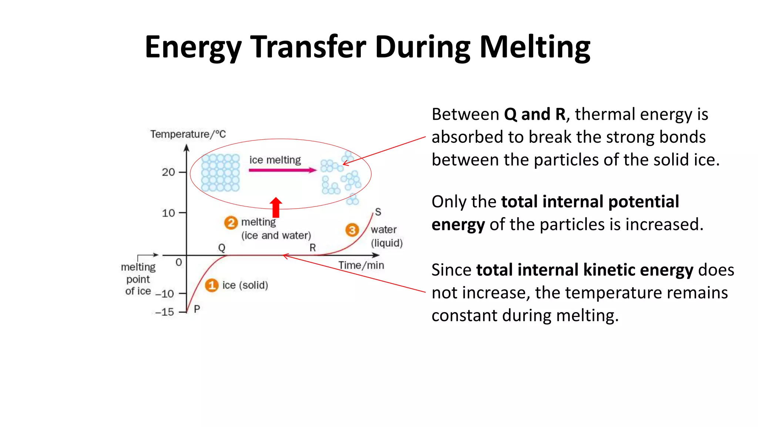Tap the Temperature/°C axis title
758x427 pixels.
point(188,134)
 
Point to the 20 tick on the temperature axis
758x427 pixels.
point(168,172)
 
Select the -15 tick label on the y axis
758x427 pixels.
point(165,312)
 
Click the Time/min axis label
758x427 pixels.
point(361,265)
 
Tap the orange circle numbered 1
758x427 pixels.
point(212,285)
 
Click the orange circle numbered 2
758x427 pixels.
point(231,223)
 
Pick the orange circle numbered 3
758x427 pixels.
point(352,230)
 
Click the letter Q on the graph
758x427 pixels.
point(221,248)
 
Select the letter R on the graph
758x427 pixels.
point(313,248)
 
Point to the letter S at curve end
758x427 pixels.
point(378,212)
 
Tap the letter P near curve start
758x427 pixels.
point(197,309)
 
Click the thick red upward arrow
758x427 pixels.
point(276,207)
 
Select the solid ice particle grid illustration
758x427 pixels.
point(221,173)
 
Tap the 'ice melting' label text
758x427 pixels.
point(275,160)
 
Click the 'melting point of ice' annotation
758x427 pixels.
point(138,279)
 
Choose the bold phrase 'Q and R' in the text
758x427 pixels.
point(535,114)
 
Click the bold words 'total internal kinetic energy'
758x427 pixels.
point(584,270)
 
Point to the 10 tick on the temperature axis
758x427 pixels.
point(168,213)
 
